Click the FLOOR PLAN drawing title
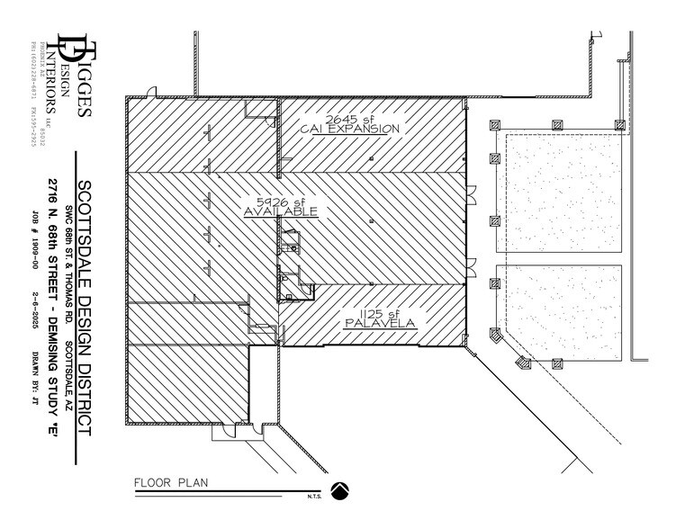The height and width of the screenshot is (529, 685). [171, 483]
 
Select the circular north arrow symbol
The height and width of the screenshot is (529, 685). [340, 490]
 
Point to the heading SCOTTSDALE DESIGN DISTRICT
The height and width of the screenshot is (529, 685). [85, 307]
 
